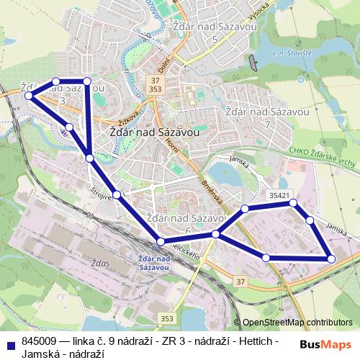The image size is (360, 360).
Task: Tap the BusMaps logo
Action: point(325,345)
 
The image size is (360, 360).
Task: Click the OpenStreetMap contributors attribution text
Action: point(297,323)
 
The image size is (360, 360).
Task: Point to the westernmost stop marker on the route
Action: point(28,95)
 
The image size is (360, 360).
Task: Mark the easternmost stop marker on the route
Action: point(331,258)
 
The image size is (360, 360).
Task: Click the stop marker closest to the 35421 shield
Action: point(293,203)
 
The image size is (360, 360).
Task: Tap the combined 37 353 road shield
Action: point(155,83)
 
